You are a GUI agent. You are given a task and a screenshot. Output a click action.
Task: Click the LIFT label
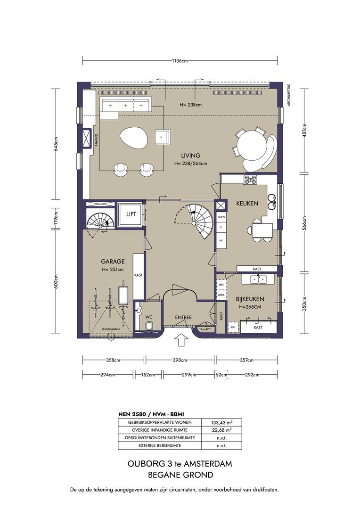(x=131, y=214)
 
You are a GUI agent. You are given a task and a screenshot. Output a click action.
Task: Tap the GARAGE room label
(x=113, y=261)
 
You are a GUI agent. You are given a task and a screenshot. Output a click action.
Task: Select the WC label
(x=149, y=317)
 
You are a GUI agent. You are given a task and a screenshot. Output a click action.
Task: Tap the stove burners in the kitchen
(x=250, y=180)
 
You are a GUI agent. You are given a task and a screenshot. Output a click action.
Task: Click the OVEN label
(x=221, y=217)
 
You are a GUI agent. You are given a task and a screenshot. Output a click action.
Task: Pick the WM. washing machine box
(x=221, y=284)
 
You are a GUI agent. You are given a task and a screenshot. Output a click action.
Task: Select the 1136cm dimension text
(x=180, y=60)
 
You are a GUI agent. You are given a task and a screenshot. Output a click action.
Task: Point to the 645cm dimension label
(x=56, y=144)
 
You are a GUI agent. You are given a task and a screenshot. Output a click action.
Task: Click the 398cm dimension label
(x=180, y=360)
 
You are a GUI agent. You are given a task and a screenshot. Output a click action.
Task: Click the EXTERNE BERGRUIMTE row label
(x=160, y=445)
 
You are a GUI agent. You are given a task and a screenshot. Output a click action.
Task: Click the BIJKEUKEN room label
(x=250, y=299)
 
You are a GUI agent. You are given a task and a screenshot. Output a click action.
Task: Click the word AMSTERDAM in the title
(x=210, y=464)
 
